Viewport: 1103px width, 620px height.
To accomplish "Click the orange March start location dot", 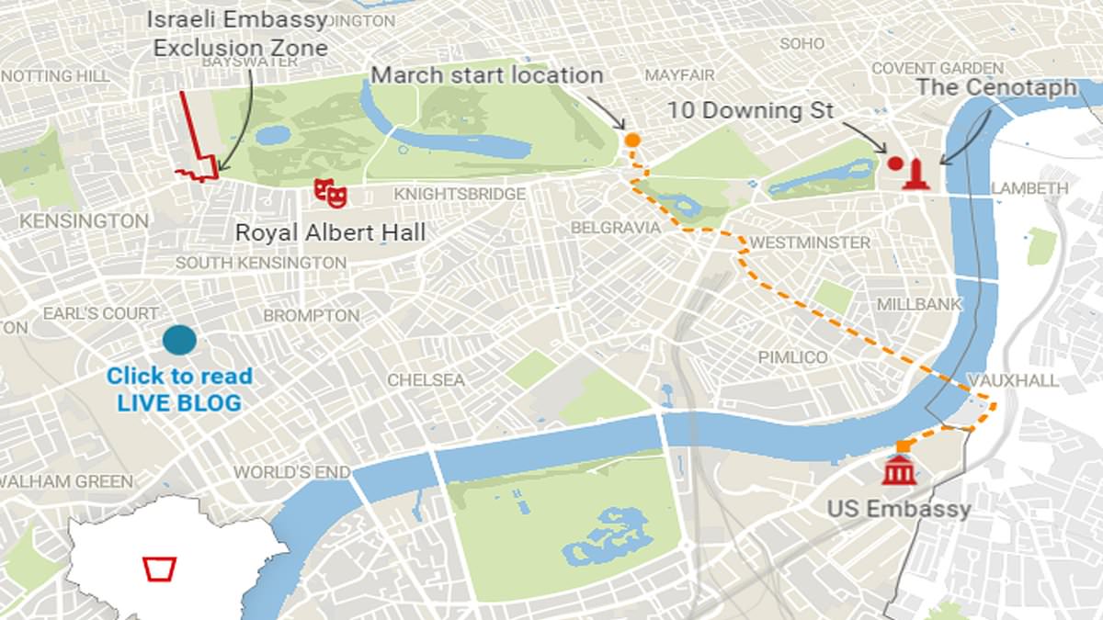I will coord(632,140).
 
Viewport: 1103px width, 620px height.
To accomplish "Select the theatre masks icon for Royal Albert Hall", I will coord(330,192).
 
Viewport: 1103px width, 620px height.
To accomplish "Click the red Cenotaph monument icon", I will coord(915,175).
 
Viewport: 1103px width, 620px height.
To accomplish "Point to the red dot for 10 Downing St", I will coord(894,163).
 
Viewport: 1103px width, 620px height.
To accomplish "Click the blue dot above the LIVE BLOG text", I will coord(179,340).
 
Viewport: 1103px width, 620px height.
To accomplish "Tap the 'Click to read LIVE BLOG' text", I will coord(179,389).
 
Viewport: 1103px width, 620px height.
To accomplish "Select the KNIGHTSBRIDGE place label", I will coord(460,194).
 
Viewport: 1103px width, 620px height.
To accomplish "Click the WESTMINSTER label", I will coord(810,242).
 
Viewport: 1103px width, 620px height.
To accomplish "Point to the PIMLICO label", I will coord(792,356).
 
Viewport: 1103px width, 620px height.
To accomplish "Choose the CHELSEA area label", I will coord(426,379).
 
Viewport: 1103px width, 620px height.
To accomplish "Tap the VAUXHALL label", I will coord(1013,380).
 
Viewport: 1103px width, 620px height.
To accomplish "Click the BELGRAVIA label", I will coord(615,227).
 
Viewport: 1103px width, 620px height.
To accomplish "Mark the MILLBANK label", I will coord(919,304).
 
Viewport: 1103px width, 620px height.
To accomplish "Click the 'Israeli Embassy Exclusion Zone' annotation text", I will coord(240,33).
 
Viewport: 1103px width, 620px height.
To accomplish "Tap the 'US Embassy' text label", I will coord(898,508).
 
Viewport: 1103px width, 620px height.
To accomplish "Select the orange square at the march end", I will coord(903,446).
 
